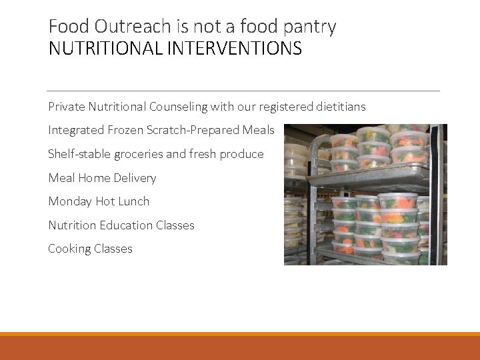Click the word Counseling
pos(177,107)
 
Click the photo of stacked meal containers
pos(365,194)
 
